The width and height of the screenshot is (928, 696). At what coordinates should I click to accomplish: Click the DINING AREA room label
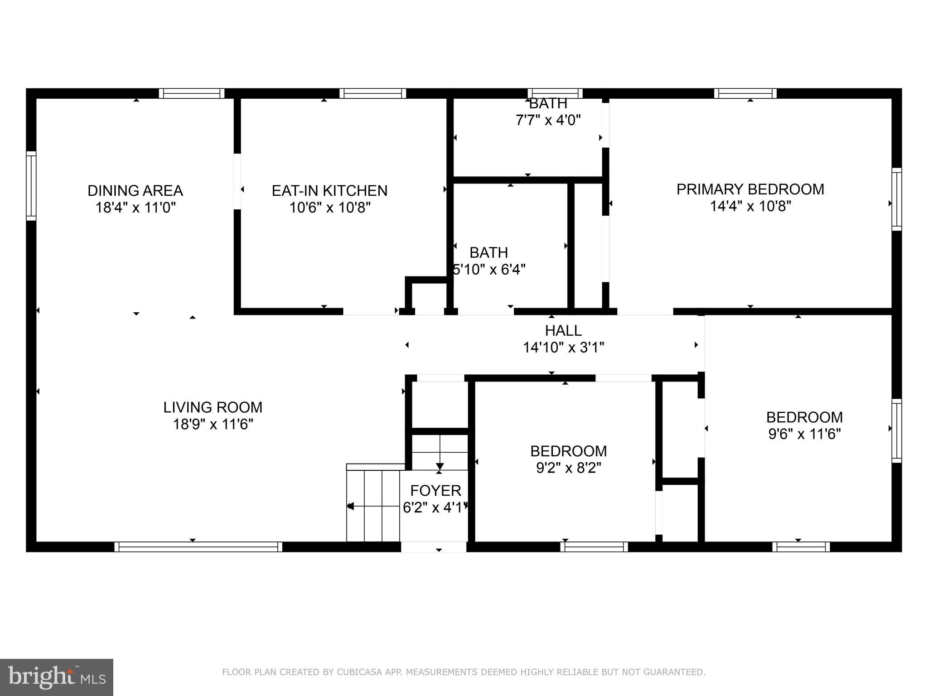pyautogui.click(x=135, y=191)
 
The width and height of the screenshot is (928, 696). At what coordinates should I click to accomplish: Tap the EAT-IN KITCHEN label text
pyautogui.click(x=329, y=191)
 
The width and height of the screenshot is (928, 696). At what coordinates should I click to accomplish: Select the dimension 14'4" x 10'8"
pyautogui.click(x=750, y=207)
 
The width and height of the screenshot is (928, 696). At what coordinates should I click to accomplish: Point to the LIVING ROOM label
pyautogui.click(x=213, y=407)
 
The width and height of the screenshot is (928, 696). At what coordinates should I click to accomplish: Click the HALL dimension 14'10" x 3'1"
pyautogui.click(x=563, y=348)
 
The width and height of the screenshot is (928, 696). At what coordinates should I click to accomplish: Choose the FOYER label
pyautogui.click(x=435, y=491)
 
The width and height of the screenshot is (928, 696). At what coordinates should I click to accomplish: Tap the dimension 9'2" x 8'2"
pyautogui.click(x=568, y=468)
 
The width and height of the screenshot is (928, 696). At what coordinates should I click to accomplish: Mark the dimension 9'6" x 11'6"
pyautogui.click(x=804, y=434)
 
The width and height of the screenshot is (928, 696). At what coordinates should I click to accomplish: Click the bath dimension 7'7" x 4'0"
pyautogui.click(x=548, y=121)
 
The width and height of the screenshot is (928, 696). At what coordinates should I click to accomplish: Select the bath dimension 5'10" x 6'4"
pyautogui.click(x=489, y=270)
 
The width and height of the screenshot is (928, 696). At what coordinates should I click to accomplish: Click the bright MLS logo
pyautogui.click(x=56, y=677)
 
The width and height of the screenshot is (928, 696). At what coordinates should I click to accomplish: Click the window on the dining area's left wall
pyautogui.click(x=31, y=186)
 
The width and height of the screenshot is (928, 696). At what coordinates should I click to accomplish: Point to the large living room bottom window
pyautogui.click(x=198, y=547)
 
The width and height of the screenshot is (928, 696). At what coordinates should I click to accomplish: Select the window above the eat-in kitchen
pyautogui.click(x=372, y=93)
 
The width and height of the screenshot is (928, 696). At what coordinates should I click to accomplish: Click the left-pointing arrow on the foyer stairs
pyautogui.click(x=350, y=506)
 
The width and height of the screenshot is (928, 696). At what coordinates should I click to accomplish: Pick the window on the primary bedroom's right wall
pyautogui.click(x=896, y=199)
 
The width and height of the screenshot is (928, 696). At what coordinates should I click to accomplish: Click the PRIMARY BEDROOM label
pyautogui.click(x=750, y=189)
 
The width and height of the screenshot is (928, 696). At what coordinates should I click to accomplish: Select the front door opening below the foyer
pyautogui.click(x=434, y=547)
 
